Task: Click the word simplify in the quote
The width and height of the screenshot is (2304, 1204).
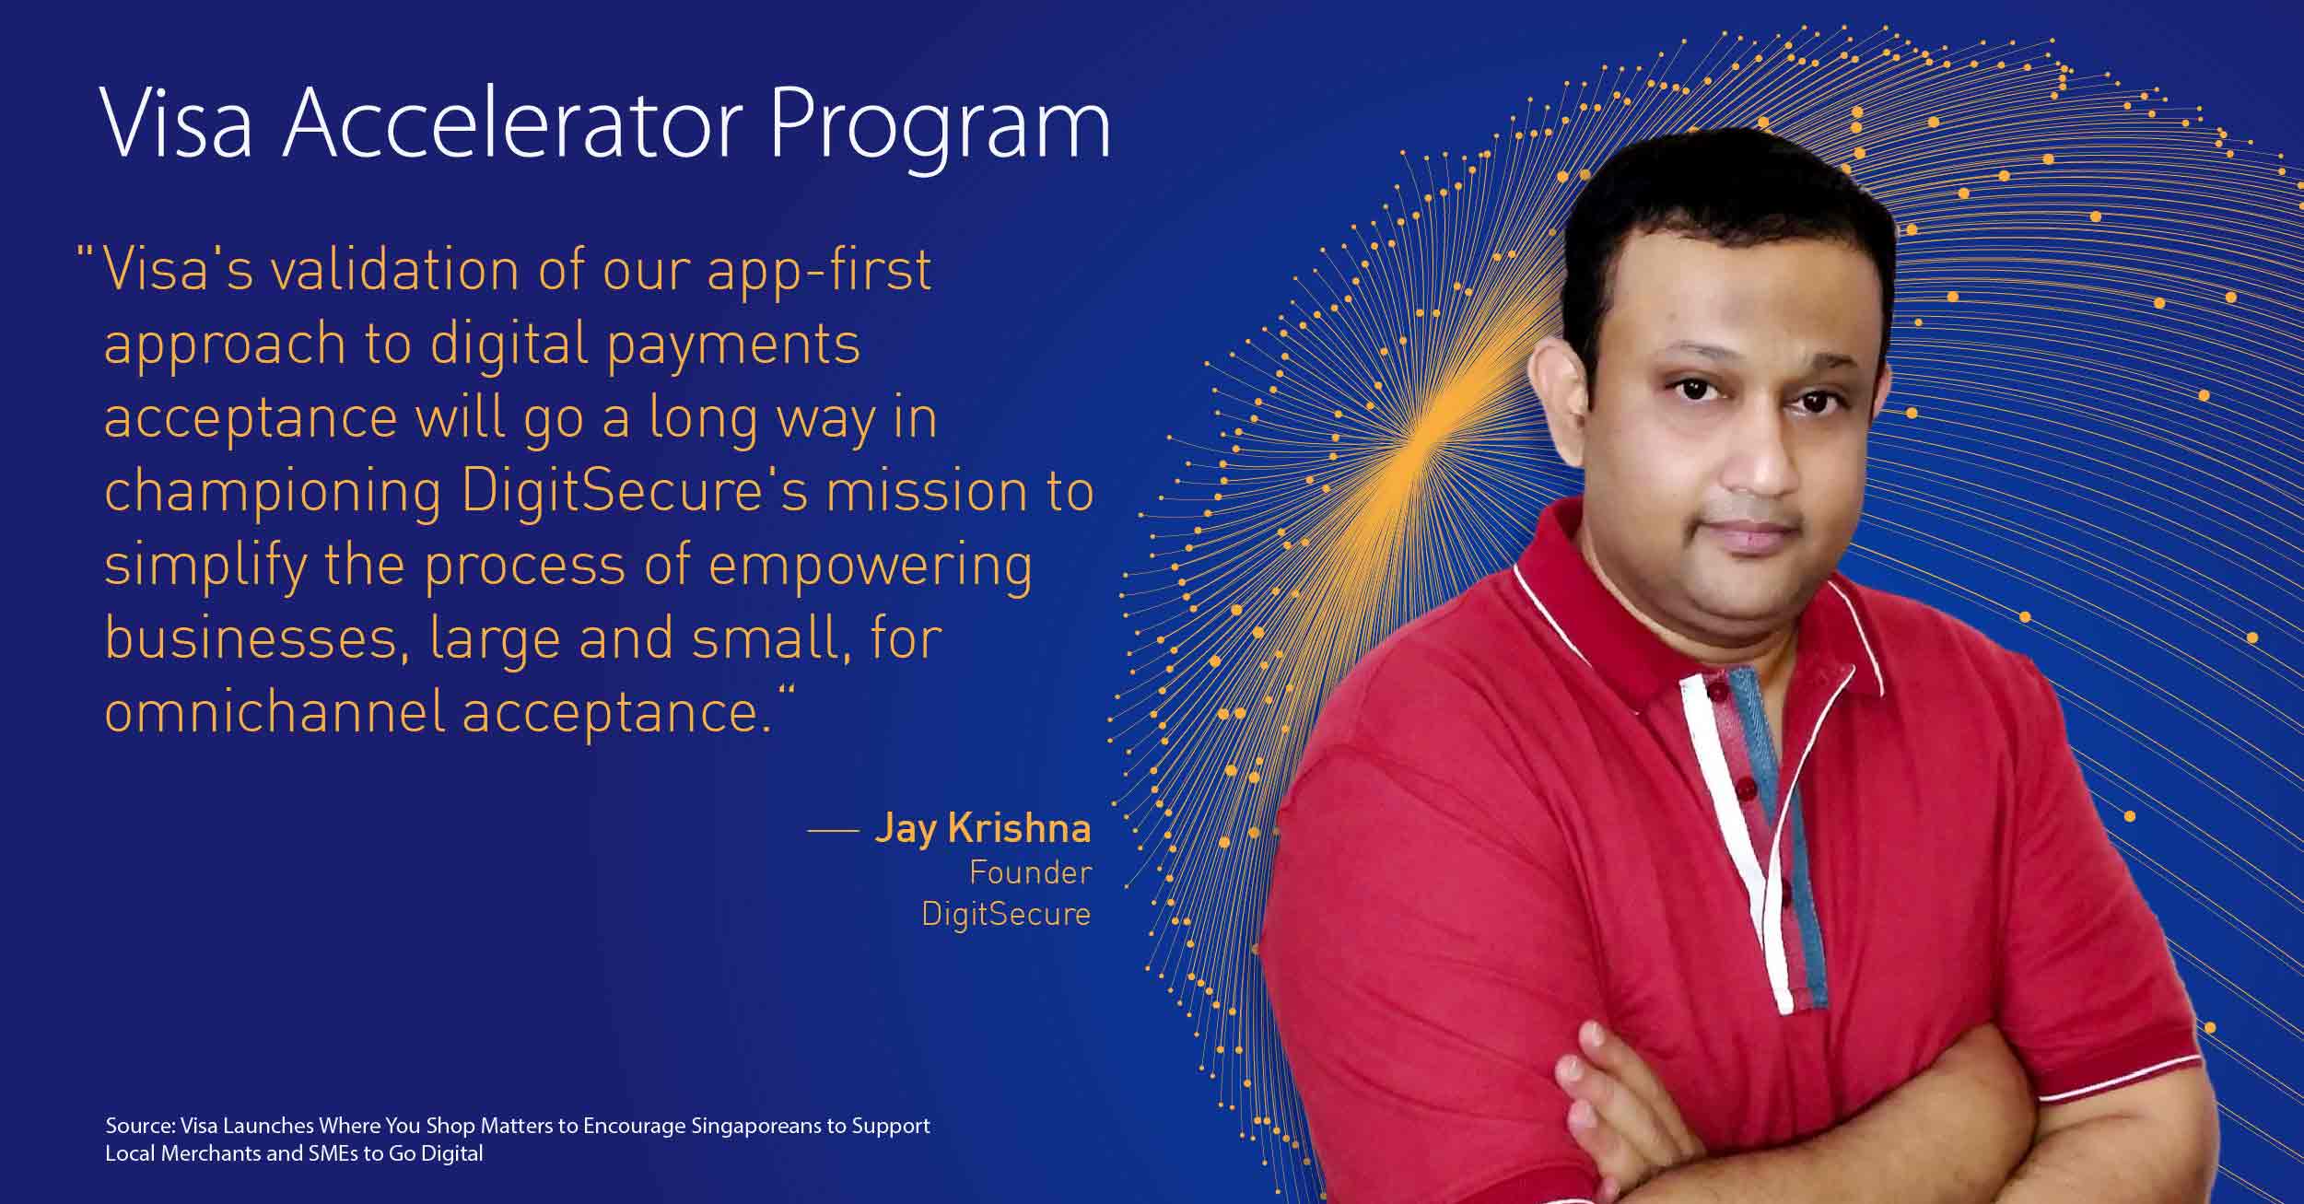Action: [205, 567]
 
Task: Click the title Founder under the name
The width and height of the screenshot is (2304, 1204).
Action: [1030, 872]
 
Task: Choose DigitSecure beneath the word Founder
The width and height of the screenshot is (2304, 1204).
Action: [1006, 914]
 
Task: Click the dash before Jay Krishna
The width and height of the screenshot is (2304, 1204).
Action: [833, 831]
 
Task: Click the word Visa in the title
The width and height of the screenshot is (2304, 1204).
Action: [176, 124]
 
